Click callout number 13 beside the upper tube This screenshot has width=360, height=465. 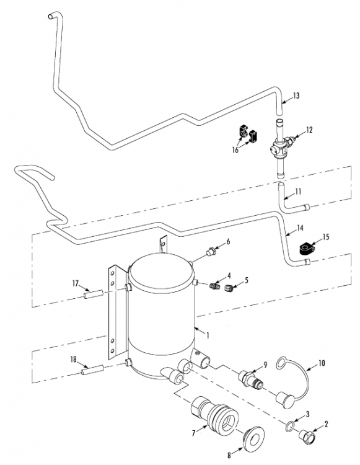(x=296, y=95)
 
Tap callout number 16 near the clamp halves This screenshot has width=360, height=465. (x=235, y=150)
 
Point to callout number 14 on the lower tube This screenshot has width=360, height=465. (x=300, y=228)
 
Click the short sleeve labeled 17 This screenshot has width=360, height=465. (x=94, y=294)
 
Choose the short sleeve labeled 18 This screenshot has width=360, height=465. (x=93, y=370)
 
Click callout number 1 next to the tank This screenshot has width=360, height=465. (x=208, y=335)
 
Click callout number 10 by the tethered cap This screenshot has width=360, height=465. (x=322, y=363)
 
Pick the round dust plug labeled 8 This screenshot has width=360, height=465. (x=253, y=440)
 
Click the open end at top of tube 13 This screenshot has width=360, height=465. (x=50, y=17)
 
